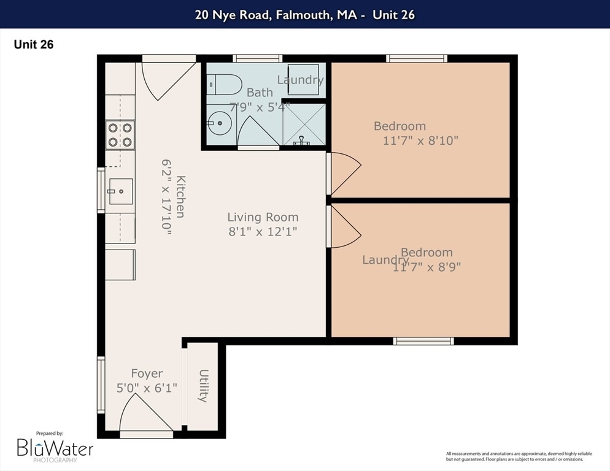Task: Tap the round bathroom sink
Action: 217,123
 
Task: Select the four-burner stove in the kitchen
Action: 120,135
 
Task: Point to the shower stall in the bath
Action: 303,124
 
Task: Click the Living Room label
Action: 263,217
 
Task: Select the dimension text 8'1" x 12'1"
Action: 263,232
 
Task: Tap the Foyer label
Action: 147,373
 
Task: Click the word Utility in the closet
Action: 204,386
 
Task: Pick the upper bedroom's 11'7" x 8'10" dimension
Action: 420,140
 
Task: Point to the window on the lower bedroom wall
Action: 423,341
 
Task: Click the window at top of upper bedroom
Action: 416,59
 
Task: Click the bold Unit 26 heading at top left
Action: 34,44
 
